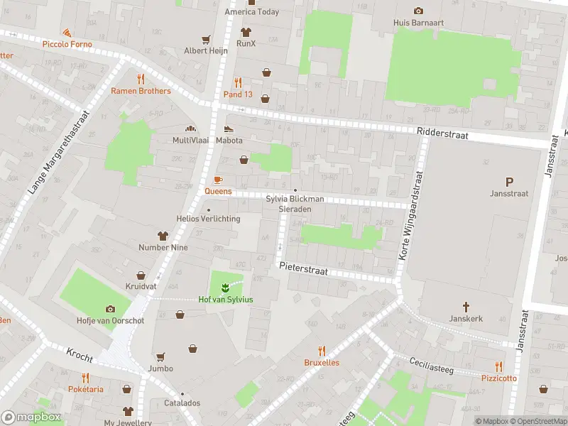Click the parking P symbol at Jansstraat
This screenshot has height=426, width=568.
pos(508,182)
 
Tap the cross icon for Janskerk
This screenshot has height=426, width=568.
pos(466,307)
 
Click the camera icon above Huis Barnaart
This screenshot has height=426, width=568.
pos(418,11)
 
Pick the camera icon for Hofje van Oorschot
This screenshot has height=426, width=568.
pos(110,309)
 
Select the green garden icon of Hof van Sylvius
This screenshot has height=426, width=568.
pos(225,288)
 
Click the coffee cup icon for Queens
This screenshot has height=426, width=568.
pos(219,180)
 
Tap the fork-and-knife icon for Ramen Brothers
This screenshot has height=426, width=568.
pos(141,79)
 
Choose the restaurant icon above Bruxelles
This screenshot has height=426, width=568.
pos(322,351)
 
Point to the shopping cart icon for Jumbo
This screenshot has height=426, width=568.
pos(160,357)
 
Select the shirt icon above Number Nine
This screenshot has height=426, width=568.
pos(163,236)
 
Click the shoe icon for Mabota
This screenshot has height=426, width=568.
pos(229,129)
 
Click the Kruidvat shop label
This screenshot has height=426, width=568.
pos(141,287)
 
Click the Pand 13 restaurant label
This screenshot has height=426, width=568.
pos(238,94)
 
